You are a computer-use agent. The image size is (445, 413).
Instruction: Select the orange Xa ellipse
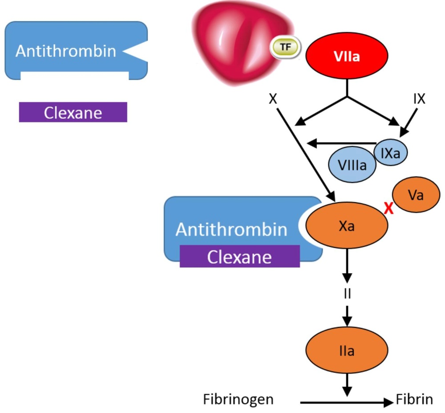click(346, 226)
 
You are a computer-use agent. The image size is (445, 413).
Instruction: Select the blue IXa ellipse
click(390, 153)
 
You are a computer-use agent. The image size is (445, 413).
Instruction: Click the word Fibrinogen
click(238, 399)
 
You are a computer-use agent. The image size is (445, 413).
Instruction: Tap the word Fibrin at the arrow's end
click(414, 399)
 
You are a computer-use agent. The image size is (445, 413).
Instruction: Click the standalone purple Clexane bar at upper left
click(73, 112)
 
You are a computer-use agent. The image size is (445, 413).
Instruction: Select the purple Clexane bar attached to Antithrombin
click(239, 257)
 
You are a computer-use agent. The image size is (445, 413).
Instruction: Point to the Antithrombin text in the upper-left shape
click(66, 51)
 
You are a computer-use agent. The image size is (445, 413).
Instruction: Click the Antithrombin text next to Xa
click(231, 229)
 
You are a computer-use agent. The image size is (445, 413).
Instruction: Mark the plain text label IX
click(419, 99)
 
